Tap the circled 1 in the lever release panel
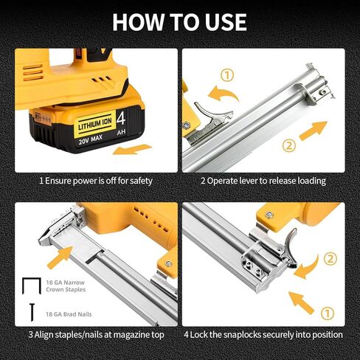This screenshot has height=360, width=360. pyautogui.click(x=227, y=74)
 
